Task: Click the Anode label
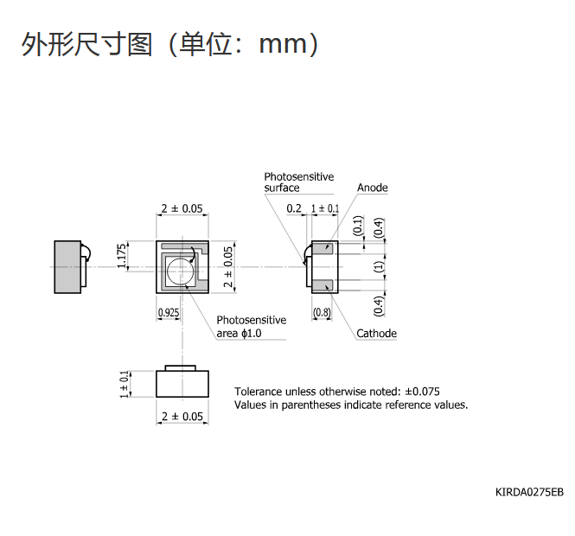click(x=372, y=188)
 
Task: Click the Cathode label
click(x=376, y=333)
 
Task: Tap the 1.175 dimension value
click(x=122, y=256)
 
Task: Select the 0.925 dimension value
click(x=169, y=313)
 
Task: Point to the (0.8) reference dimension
click(x=322, y=312)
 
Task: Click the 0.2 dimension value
click(x=294, y=208)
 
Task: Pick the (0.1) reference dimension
click(x=358, y=225)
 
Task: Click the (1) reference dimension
click(x=379, y=266)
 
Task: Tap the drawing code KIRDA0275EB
click(x=529, y=492)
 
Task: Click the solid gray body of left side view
click(x=67, y=267)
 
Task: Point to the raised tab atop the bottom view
click(x=181, y=368)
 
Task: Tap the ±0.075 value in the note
click(x=422, y=392)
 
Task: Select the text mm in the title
click(x=283, y=44)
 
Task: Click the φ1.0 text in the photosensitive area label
click(x=252, y=333)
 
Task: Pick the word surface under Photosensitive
click(x=282, y=188)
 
